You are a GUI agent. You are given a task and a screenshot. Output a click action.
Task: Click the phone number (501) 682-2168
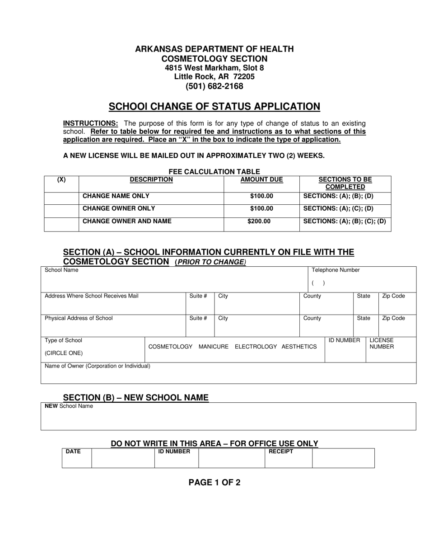(x=214, y=86)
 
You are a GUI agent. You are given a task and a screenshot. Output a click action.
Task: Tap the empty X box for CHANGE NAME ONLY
(x=61, y=198)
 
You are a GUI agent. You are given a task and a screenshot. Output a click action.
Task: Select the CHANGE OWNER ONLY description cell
(x=119, y=208)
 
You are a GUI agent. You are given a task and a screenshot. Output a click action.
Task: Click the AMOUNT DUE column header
(x=261, y=179)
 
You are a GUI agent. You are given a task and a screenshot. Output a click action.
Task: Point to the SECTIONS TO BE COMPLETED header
(x=345, y=183)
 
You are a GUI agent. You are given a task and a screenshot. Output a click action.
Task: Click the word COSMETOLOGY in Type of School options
(x=170, y=347)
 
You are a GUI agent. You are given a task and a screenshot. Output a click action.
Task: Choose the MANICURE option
(x=214, y=347)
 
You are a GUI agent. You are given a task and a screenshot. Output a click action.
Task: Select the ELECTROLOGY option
(x=256, y=347)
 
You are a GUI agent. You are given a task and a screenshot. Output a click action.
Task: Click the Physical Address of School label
(x=79, y=318)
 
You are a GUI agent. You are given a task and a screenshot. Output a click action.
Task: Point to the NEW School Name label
(x=69, y=406)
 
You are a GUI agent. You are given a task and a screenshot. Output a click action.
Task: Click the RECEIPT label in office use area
(x=281, y=452)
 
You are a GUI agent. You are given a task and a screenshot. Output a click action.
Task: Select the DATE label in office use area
(x=73, y=452)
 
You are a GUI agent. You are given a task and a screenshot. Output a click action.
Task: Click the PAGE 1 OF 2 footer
(x=214, y=482)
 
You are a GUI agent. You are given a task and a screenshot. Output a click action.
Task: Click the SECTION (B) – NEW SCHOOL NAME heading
(x=135, y=398)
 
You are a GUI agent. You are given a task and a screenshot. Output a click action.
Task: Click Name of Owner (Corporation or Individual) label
(x=98, y=366)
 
